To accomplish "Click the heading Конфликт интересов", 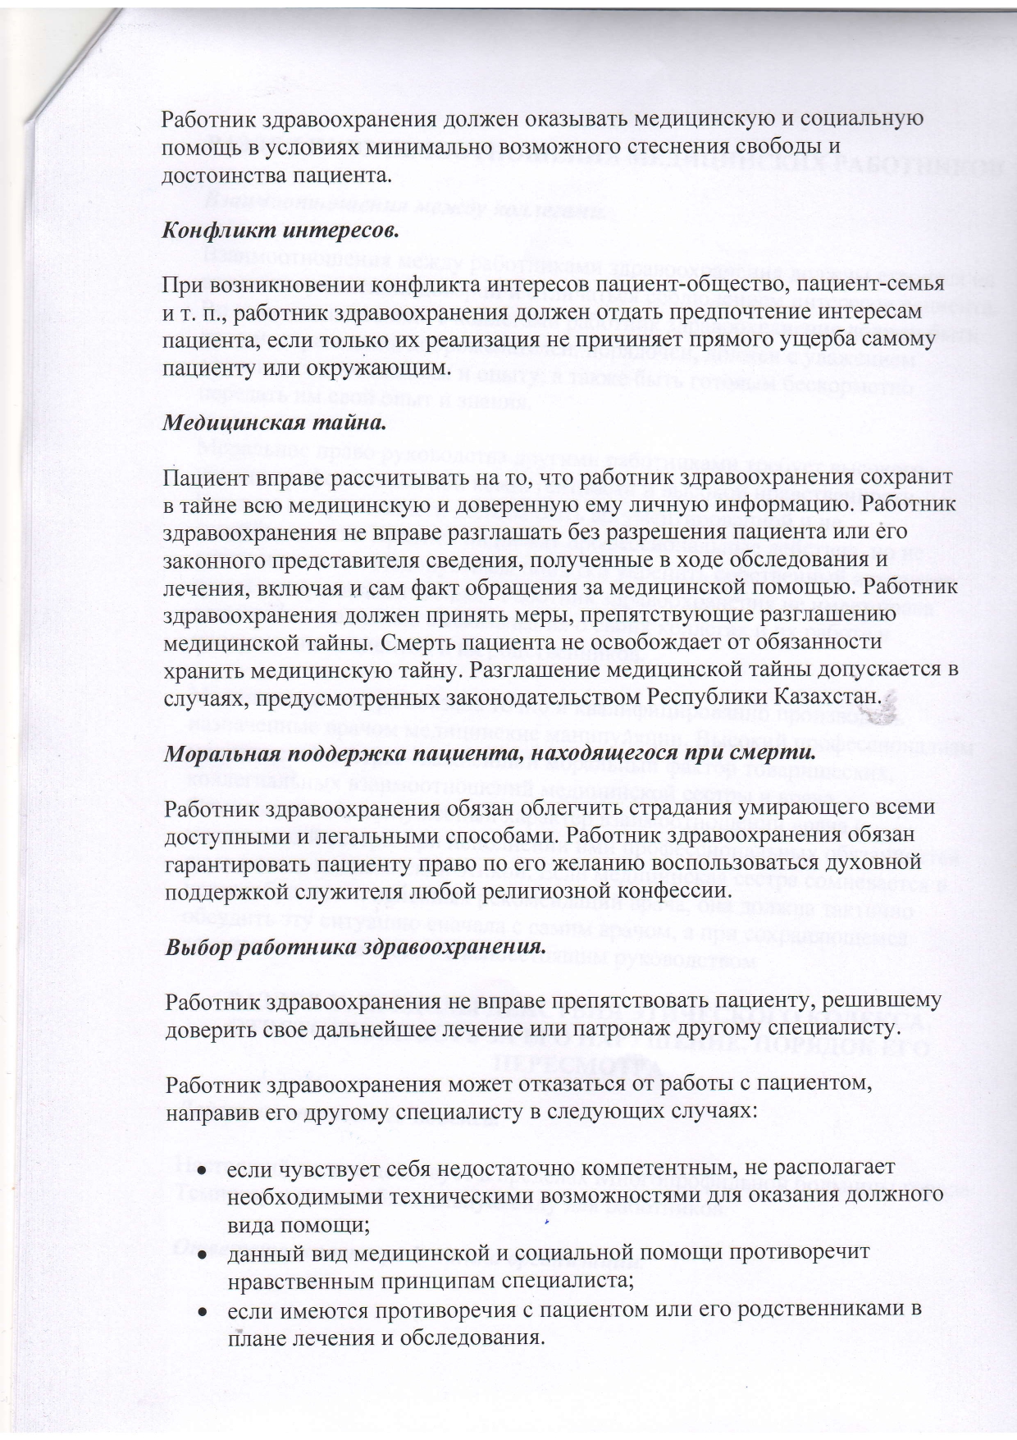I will pos(280,230).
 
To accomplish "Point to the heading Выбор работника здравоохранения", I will pos(357,947).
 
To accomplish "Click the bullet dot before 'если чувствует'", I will pos(201,1168).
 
